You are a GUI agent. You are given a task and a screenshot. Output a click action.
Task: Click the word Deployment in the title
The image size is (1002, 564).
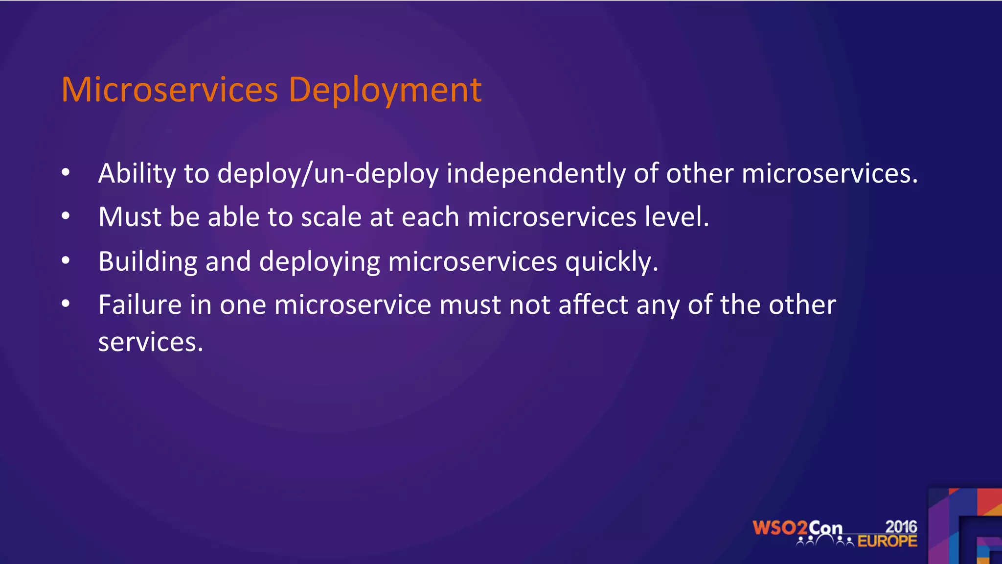coord(385,91)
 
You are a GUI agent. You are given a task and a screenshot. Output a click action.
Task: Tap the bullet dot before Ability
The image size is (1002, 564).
coord(66,172)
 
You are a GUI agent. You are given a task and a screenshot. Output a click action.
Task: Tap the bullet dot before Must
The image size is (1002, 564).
coord(66,216)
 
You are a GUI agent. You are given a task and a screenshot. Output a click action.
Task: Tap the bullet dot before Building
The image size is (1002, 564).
coord(66,260)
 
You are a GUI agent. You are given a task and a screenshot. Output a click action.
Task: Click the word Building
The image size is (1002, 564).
coord(147,261)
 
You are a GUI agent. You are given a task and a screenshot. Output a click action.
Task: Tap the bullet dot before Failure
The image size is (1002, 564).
coord(66,304)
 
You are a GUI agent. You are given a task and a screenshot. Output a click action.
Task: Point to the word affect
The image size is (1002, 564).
coord(593,305)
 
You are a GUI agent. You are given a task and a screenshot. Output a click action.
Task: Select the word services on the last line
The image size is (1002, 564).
coord(150,342)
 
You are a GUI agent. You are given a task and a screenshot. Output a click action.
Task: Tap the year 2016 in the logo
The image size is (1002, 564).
coord(901,527)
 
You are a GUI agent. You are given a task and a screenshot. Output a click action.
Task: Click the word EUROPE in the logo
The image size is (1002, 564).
coord(887,541)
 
